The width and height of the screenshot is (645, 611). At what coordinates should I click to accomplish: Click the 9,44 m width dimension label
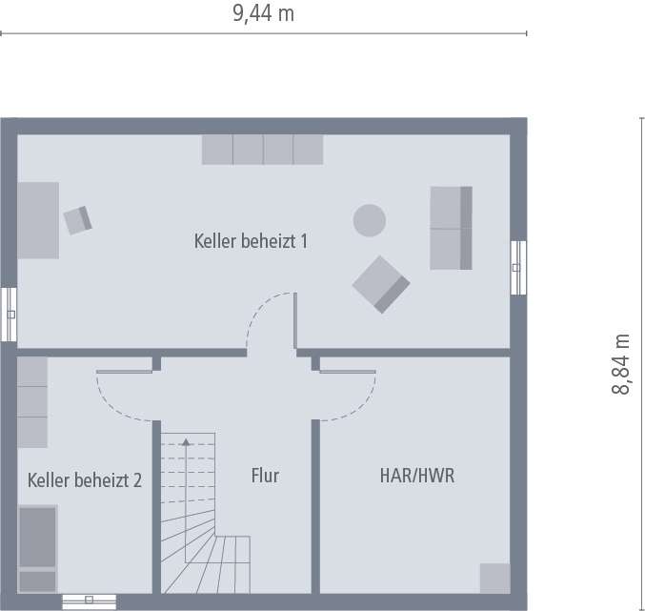[x=263, y=13]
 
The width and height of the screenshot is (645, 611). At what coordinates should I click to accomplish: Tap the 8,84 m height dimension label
[x=621, y=364]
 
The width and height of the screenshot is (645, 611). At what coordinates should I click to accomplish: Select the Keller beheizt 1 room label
[x=251, y=241]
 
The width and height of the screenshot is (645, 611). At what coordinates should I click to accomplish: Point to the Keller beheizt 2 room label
[x=85, y=480]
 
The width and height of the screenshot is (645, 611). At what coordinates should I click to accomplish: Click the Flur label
[x=265, y=476]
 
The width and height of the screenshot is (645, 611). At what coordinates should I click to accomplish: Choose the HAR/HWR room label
[x=417, y=476]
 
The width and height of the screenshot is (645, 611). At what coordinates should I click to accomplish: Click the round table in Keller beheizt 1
[x=370, y=220]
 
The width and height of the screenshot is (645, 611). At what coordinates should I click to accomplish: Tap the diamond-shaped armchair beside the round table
[x=381, y=285]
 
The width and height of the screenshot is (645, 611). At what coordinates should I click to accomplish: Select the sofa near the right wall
[x=452, y=228]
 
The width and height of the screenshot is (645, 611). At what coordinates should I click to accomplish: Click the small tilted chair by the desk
[x=78, y=220]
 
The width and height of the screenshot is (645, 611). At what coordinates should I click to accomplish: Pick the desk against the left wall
[x=38, y=220]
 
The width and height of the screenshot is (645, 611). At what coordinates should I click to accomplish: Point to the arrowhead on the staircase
[x=186, y=442]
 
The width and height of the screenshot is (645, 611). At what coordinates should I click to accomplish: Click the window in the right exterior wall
[x=518, y=268]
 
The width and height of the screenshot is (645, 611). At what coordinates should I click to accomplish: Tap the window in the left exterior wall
[x=9, y=315]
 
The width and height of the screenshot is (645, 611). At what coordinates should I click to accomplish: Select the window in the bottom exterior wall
[x=90, y=602]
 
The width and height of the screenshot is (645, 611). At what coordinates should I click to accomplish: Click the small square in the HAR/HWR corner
[x=495, y=579]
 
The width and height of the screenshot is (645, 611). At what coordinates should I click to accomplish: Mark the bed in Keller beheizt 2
[x=38, y=549]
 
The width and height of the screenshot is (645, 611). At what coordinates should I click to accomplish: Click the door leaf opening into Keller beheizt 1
[x=295, y=320]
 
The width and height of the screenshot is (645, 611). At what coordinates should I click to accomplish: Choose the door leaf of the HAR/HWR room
[x=348, y=372]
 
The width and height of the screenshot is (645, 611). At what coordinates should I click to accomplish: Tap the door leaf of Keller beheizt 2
[x=124, y=372]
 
